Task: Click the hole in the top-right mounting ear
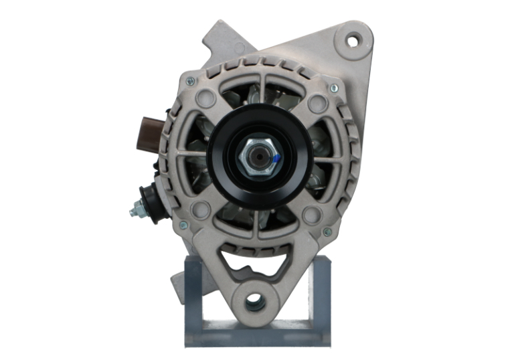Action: (351, 39)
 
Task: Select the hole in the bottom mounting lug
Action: (255, 302)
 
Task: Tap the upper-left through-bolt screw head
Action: (191, 82)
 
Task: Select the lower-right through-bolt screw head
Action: (327, 232)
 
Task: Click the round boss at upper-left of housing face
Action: (206, 100)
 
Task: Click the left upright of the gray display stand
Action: (193, 294)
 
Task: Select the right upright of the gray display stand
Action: (320, 294)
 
